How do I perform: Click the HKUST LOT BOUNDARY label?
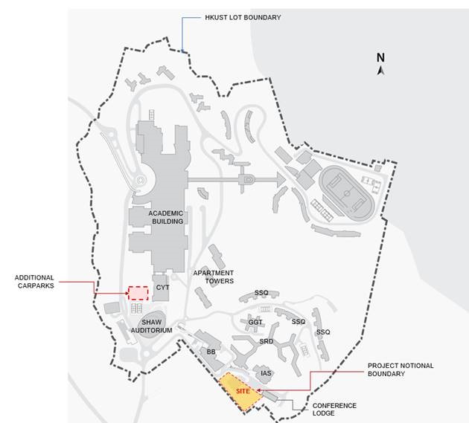point(242,16)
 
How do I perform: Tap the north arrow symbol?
point(380,71)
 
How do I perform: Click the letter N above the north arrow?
point(380,57)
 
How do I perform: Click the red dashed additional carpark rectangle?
point(136,292)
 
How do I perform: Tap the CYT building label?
point(163,286)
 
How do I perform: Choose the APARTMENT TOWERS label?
point(214,277)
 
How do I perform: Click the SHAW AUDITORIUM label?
point(152,326)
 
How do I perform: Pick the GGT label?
point(256,322)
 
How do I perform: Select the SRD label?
point(267,341)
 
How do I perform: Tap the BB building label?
point(211,352)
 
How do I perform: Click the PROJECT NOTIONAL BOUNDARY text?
point(401,369)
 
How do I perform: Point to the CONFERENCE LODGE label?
point(334,409)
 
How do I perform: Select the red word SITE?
point(243,390)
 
